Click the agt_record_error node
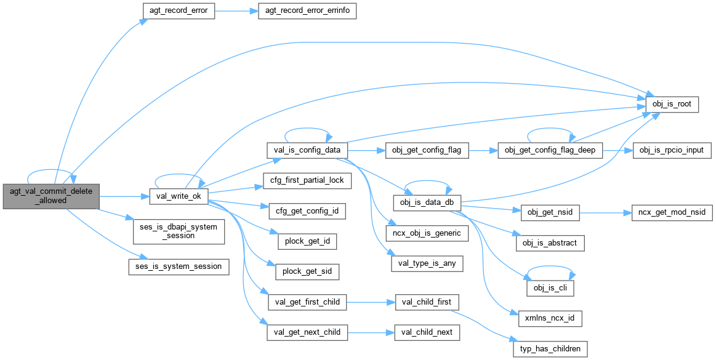pos(179,11)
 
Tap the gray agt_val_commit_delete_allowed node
pos(50,196)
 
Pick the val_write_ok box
pos(179,196)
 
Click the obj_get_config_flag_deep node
pos(550,150)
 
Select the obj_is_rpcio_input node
pos(672,150)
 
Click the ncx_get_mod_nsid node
pos(673,212)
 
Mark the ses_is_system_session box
pos(179,266)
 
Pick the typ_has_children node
pos(550,349)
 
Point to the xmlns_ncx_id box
pos(550,319)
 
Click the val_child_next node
pos(427,332)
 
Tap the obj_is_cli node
pos(550,288)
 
